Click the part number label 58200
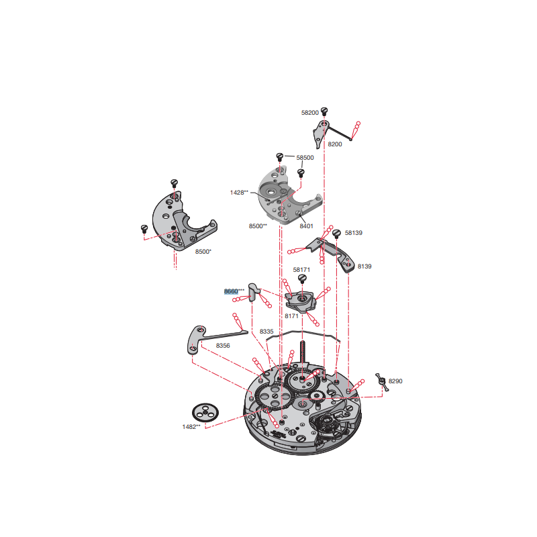[309, 113]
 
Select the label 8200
[334, 144]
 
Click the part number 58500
[305, 158]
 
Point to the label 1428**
[239, 193]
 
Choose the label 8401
[306, 226]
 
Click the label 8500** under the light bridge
[258, 226]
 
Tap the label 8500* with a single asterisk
[203, 252]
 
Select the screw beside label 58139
[337, 234]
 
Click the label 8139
[364, 266]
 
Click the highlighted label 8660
[231, 291]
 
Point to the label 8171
[291, 316]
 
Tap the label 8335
[266, 332]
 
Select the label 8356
[223, 346]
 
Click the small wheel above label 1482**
[205, 413]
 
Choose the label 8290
[395, 381]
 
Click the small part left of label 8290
[381, 382]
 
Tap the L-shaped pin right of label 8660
[254, 292]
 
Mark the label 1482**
[191, 427]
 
